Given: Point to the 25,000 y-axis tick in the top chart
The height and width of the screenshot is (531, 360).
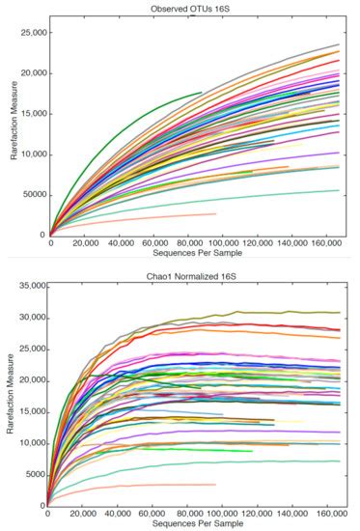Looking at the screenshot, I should [32, 32].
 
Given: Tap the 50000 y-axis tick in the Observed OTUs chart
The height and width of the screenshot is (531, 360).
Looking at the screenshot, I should [32, 194].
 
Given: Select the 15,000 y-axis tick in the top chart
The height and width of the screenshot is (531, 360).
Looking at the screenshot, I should [32, 113].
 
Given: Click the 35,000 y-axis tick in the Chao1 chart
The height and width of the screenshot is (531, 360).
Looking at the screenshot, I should [29, 286].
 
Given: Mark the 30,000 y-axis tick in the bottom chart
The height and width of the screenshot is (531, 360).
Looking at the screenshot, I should [29, 318].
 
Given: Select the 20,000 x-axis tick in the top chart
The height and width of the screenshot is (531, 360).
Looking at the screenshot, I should [85, 244].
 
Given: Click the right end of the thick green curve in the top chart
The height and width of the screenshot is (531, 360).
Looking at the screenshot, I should [201, 94].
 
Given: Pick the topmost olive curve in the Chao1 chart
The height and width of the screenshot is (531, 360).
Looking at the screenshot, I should [290, 312].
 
